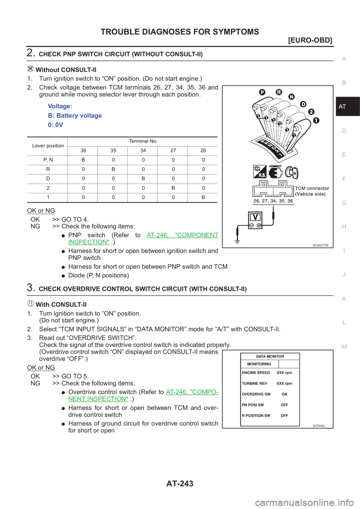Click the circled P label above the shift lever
click(261, 93)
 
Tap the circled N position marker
click(291, 97)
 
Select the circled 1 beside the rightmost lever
click(316, 120)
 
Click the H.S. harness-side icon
click(260, 172)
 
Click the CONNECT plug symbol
click(276, 172)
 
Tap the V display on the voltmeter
click(255, 217)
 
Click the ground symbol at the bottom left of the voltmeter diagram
click(237, 241)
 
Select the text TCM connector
click(312, 189)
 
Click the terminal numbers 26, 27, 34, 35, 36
click(273, 201)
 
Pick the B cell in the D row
click(143, 179)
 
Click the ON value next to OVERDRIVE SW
click(284, 394)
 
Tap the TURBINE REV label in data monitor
click(255, 383)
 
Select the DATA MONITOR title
click(270, 356)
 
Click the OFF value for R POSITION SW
click(284, 416)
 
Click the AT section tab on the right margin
click(342, 106)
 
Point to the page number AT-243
click(180, 484)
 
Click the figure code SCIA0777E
click(320, 245)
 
